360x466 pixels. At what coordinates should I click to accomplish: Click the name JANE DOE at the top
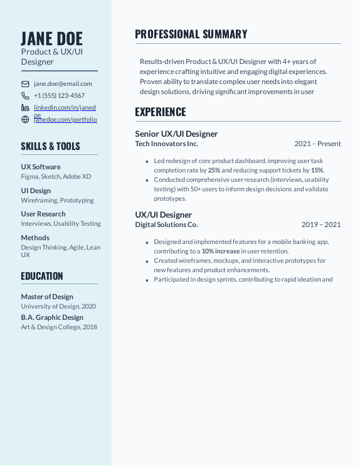click(51, 38)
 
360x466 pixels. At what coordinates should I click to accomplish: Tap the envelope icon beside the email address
click(25, 83)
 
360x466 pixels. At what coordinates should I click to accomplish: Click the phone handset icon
click(25, 96)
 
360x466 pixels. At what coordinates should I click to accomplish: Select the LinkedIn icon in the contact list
click(25, 108)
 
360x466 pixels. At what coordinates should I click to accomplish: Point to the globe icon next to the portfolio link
click(25, 119)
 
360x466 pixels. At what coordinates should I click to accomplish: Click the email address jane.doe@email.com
click(63, 83)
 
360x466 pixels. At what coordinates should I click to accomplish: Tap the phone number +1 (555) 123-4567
click(59, 96)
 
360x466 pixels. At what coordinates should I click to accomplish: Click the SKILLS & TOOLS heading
click(50, 146)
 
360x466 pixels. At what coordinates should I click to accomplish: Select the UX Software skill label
click(41, 167)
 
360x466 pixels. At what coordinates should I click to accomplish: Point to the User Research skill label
click(43, 214)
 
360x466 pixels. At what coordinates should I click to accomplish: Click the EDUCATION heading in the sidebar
click(42, 276)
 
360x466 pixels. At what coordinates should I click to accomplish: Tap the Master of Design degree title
click(47, 297)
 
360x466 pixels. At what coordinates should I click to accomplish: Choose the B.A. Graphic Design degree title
click(52, 317)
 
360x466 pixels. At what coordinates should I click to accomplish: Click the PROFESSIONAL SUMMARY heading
click(191, 34)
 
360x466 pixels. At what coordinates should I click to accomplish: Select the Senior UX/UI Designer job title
click(176, 134)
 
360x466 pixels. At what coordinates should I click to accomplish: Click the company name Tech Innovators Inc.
click(167, 144)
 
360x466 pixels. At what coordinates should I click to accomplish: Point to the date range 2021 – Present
click(317, 144)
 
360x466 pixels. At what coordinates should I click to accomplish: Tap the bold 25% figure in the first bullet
click(214, 170)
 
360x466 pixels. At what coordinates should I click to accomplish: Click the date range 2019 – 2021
click(320, 225)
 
